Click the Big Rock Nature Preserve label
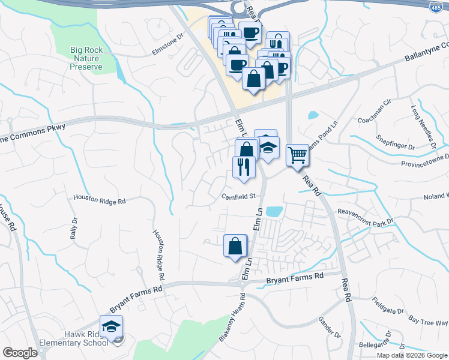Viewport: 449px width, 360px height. click(85, 58)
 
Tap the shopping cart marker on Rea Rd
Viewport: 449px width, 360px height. click(297, 155)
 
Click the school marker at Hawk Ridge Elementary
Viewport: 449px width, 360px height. click(111, 327)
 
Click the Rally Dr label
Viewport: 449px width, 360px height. click(74, 228)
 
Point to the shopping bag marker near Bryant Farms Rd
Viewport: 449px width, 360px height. click(235, 245)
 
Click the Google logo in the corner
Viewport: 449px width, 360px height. click(20, 353)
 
